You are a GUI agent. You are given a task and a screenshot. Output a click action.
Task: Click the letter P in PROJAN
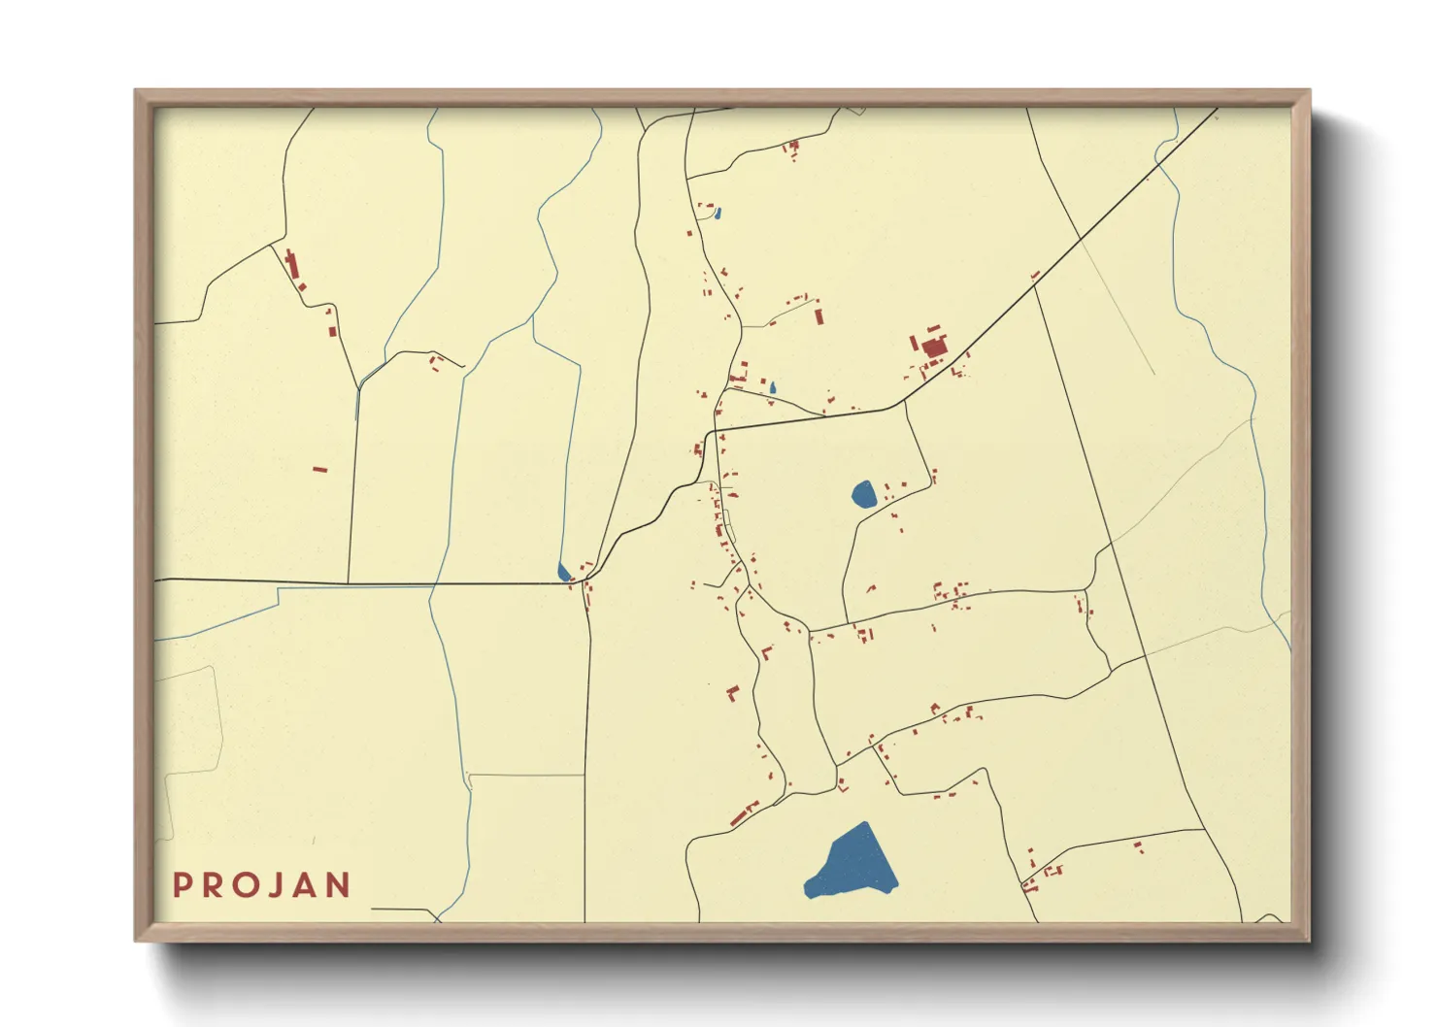point(182,885)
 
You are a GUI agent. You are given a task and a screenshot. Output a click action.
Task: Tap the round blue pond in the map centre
point(863,495)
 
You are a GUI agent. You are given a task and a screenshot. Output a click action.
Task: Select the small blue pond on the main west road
point(563,572)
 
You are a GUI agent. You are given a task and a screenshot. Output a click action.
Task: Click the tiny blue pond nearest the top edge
point(718,214)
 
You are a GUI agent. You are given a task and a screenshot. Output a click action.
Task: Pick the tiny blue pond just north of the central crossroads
point(773,387)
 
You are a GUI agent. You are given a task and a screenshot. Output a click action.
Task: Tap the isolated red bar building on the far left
point(319,470)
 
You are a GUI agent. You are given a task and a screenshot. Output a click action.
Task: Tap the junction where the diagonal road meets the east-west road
point(903,402)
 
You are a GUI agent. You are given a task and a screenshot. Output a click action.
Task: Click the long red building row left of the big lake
point(745,812)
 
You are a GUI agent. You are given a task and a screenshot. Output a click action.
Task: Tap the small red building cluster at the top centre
point(792,149)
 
